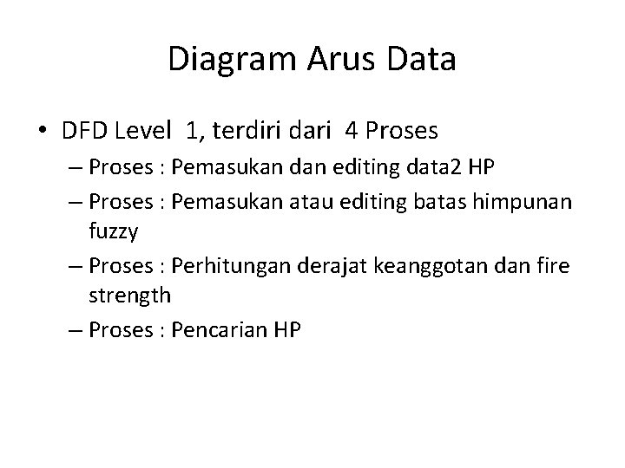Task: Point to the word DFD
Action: click(83, 133)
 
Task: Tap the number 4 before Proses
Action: click(352, 133)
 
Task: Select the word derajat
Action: click(331, 264)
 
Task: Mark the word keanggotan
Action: click(431, 264)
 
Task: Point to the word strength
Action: click(130, 296)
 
